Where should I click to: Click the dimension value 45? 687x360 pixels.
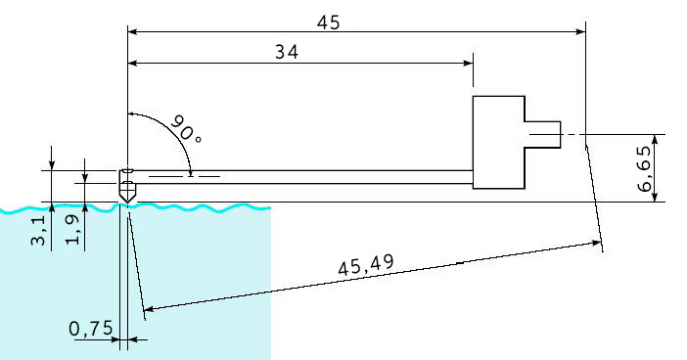328,22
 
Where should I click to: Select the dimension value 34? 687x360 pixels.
287,52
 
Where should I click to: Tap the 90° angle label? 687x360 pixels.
186,129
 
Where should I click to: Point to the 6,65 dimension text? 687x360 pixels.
644,169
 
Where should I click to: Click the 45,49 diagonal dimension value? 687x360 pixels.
366,264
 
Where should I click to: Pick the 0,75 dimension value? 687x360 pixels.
91,329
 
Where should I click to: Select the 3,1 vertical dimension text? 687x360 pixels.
38,230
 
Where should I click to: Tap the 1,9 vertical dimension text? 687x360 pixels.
72,230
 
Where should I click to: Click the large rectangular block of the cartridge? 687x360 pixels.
498,142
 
